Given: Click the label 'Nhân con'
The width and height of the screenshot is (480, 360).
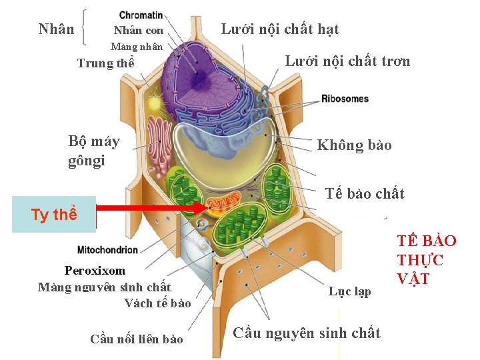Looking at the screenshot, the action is tap(138, 31).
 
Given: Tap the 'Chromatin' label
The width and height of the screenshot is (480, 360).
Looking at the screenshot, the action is tap(141, 15).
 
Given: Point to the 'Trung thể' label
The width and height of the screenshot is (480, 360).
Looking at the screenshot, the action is tap(105, 64).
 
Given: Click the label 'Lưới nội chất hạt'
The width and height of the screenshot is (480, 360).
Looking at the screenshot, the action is tap(279, 29).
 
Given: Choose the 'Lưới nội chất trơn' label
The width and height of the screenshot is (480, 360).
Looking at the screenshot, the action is tap(347, 61).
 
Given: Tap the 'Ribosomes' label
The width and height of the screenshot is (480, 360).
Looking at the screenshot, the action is tap(345, 99).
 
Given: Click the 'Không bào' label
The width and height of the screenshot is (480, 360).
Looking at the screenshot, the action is tap(354, 145).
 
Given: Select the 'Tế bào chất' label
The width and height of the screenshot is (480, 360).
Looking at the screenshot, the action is tap(365, 194).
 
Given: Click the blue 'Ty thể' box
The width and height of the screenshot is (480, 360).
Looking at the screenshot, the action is tap(54, 215).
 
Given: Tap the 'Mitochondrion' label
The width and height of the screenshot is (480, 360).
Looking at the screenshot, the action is tap(108, 250).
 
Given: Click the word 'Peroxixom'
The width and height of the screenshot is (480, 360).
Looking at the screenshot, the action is tap(95, 271).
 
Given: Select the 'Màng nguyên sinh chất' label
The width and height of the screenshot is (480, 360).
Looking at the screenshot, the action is tap(105, 287).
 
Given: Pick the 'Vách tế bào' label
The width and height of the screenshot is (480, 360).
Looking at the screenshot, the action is tap(157, 304).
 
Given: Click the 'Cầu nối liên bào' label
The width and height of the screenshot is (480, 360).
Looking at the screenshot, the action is tap(136, 339).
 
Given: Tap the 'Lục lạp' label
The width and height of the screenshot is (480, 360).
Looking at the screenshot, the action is tap(349, 292).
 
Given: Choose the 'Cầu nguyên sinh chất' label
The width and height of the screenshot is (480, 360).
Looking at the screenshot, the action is tap(307, 333).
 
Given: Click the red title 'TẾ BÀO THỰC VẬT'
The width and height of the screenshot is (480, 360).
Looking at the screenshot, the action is tap(427, 260).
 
